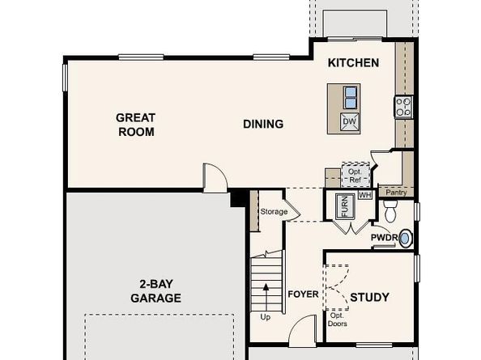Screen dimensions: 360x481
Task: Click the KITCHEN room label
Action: coord(353,62)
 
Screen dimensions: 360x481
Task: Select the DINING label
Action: coord(263,124)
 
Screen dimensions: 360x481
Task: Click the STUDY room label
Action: coord(369,297)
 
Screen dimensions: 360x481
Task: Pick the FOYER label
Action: coord(304,294)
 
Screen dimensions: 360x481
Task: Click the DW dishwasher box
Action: coord(349,122)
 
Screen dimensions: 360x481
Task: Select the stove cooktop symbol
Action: coord(402,105)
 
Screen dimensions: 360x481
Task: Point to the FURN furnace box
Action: coord(342,206)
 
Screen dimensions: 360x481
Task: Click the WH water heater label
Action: coord(365,195)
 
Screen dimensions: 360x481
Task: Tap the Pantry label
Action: coord(396,193)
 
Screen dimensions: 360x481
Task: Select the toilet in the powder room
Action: coord(391,214)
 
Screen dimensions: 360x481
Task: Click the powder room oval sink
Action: coord(406,238)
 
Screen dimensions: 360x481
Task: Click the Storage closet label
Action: coord(274,212)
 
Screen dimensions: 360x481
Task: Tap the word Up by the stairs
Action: coord(265,317)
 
